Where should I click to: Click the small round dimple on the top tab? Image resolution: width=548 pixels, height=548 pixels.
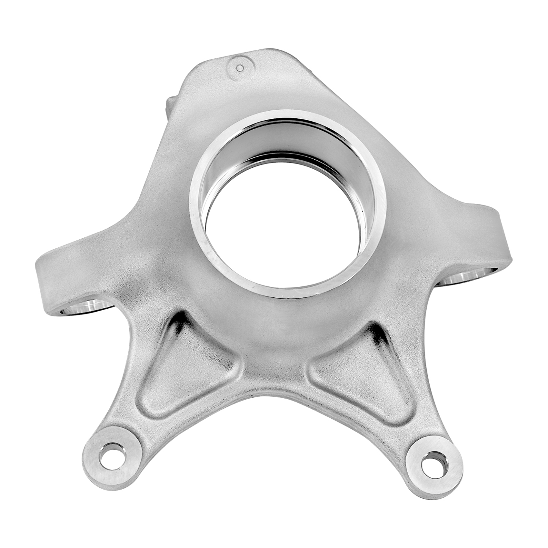(239, 68)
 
